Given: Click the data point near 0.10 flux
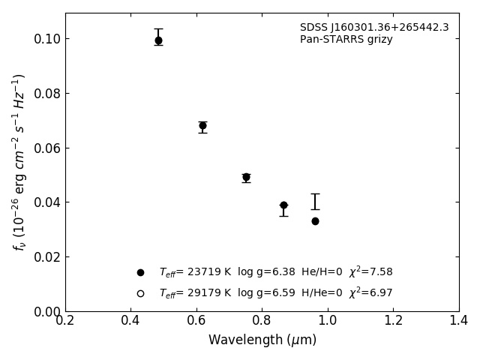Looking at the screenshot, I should pos(158,40).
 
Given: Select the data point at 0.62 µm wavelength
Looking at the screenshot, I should pos(202,126).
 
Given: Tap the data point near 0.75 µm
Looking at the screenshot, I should pos(246,177).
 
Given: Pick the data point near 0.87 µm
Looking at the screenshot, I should pos(283,205).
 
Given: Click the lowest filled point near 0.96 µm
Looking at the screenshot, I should pos(315,221).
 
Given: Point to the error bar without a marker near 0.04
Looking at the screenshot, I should pos(315,202).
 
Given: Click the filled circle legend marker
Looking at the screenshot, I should pos(140,272).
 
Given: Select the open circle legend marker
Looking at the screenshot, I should pos(140,293).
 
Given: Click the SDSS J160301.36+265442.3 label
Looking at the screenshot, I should pos(374,28).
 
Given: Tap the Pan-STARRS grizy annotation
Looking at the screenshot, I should pos(346,40).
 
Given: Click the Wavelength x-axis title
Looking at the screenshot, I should pos(262,340).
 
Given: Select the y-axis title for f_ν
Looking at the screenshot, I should pos(19,161).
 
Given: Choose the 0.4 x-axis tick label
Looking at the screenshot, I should pos(130,321).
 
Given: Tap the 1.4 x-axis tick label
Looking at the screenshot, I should pos(458,321).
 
